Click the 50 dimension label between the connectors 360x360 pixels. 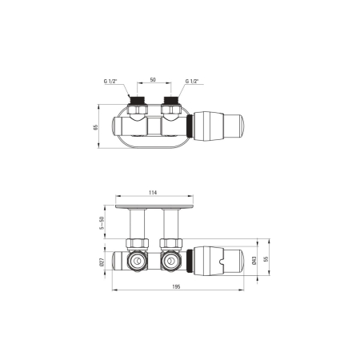[153, 79]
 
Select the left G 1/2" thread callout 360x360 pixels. [110, 82]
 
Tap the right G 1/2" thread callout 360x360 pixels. [192, 82]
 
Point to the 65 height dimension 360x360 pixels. [96, 127]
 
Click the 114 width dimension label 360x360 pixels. [153, 193]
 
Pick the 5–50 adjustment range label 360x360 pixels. [102, 223]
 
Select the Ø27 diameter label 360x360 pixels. [102, 262]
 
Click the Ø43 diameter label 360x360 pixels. [254, 261]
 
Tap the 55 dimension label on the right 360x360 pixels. [266, 259]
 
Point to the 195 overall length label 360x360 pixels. [176, 286]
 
